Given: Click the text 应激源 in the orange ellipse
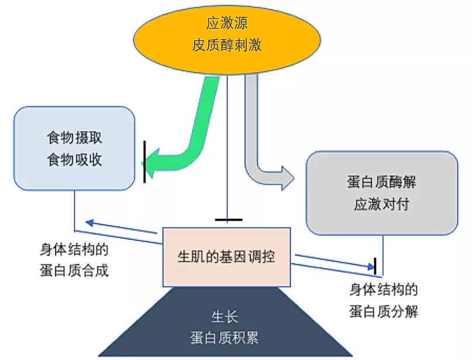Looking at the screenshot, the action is [x=227, y=23].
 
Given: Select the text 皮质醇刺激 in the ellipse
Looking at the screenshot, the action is [x=227, y=45].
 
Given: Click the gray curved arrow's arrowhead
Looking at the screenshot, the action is [x=287, y=178].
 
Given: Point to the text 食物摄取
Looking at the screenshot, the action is [x=74, y=138].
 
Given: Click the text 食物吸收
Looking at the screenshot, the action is [x=74, y=159].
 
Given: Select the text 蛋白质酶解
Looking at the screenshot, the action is [x=381, y=182].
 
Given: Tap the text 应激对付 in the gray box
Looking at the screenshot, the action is [x=381, y=204].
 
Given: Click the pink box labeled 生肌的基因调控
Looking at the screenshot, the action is [x=227, y=257].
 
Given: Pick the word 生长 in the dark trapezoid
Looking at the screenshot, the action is [x=225, y=317].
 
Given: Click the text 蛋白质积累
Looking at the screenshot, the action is [x=225, y=338].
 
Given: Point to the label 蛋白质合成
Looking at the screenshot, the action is [x=74, y=270].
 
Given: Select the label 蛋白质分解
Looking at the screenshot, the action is [x=384, y=311].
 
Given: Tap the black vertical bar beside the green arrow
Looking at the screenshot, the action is [x=144, y=162].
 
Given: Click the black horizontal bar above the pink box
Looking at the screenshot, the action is [x=229, y=220].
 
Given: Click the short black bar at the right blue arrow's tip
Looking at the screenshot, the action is [x=375, y=266].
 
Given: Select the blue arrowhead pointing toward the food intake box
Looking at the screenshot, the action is [x=89, y=222].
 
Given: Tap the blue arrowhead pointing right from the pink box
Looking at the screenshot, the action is [x=370, y=266].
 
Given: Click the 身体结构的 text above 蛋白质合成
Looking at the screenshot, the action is [x=74, y=249].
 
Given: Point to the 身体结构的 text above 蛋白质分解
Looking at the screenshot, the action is [x=384, y=290].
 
